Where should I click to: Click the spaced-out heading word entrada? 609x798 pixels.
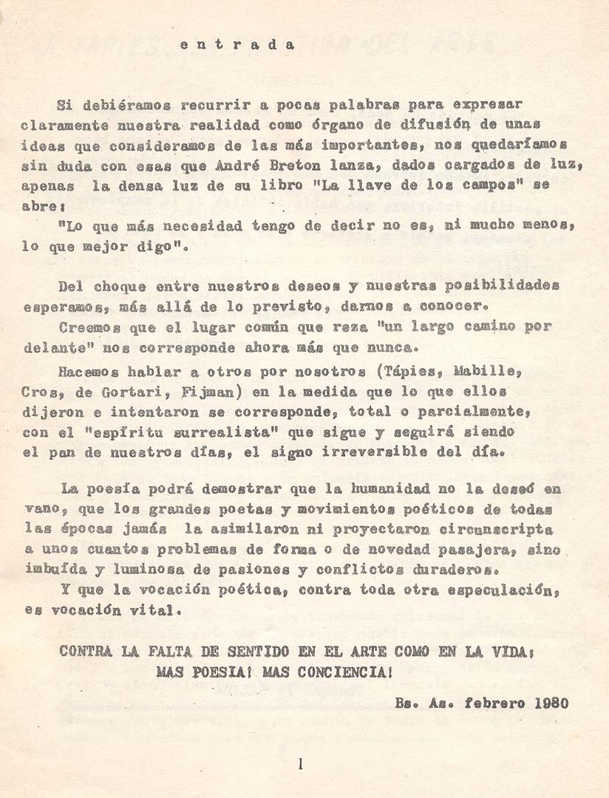click(237, 44)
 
